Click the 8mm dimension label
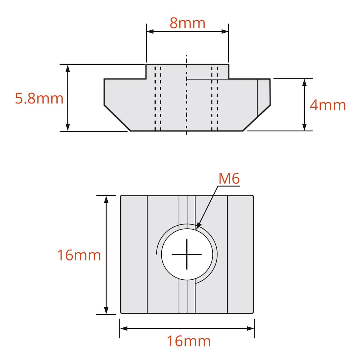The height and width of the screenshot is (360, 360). click(x=187, y=23)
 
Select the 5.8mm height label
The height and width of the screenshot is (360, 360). click(x=39, y=98)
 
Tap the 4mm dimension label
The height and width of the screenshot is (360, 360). click(x=328, y=105)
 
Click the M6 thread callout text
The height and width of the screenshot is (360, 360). click(x=229, y=179)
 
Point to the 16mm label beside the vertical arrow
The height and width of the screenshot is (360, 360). click(x=79, y=255)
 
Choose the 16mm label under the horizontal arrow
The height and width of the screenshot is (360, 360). click(x=189, y=341)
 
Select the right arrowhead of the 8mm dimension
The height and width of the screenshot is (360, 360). click(x=225, y=31)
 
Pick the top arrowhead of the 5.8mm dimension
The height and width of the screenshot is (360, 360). click(x=68, y=68)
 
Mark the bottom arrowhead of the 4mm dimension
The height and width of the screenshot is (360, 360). click(x=304, y=127)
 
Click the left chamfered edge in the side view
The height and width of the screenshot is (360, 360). click(x=117, y=118)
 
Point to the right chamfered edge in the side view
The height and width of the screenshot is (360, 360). click(x=256, y=118)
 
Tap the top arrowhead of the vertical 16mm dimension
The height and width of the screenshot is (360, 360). click(x=106, y=199)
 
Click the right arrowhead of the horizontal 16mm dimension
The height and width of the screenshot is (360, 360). click(x=250, y=328)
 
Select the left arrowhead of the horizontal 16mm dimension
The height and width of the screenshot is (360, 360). click(x=124, y=328)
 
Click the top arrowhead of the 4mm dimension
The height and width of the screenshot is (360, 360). click(x=304, y=82)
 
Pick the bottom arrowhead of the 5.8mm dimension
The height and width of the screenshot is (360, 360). click(x=68, y=127)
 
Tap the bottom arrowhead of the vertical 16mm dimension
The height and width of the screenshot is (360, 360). click(x=106, y=310)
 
